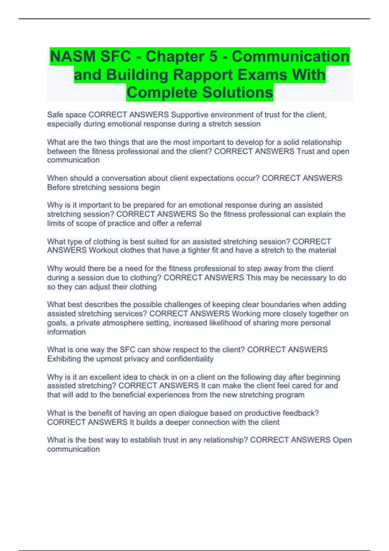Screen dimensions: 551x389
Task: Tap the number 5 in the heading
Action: coord(213,57)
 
